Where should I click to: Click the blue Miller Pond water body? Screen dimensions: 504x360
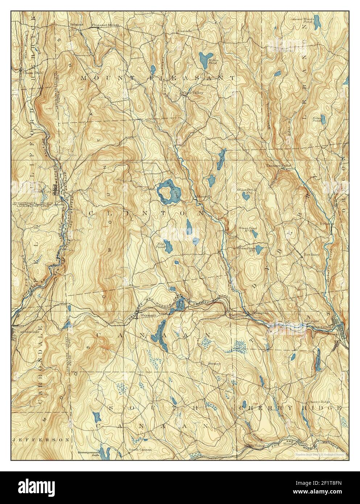205,58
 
